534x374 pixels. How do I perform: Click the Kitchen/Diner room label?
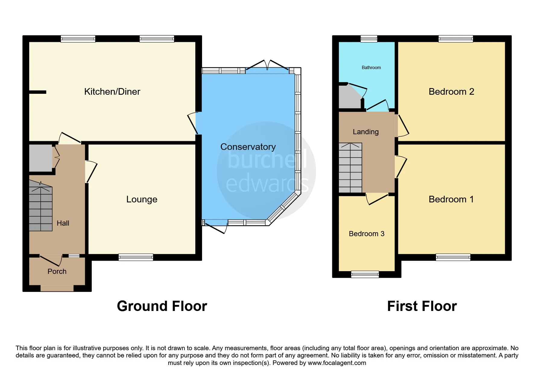[x=112, y=92]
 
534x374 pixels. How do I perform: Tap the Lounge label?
[x=142, y=199]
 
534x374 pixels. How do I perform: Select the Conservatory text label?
[x=248, y=147]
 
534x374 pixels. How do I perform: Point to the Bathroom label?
[x=371, y=68]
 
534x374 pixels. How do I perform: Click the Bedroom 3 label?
[x=366, y=234]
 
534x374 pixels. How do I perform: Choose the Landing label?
[x=365, y=132]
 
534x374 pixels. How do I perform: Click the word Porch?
[x=57, y=271]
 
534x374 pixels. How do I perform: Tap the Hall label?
[x=63, y=223]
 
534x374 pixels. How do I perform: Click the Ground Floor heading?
[x=162, y=306]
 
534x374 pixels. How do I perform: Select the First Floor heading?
[x=422, y=306]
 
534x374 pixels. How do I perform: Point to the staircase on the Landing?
[x=350, y=168]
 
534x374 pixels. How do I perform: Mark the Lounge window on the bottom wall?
[x=136, y=257]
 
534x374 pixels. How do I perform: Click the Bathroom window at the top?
[x=369, y=39]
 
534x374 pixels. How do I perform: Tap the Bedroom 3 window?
[x=365, y=274]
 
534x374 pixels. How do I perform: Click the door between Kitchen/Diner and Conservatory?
[x=193, y=123]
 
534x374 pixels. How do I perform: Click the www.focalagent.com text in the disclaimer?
[x=337, y=363]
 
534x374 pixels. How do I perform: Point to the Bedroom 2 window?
[x=455, y=39]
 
